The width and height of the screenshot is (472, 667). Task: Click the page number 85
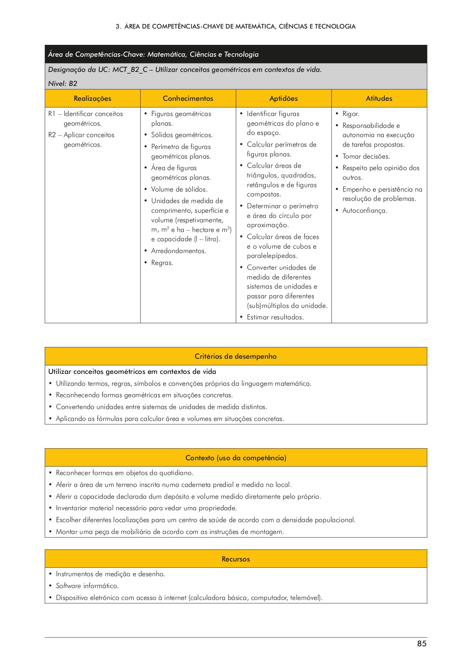[422, 644]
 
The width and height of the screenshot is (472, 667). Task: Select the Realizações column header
[92, 99]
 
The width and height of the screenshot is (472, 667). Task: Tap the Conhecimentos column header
[188, 99]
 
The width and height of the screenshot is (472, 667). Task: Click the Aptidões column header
[283, 99]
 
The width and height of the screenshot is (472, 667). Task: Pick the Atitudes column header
[379, 99]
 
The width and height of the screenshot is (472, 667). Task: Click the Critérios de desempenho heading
[235, 356]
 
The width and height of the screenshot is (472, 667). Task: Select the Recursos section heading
[235, 559]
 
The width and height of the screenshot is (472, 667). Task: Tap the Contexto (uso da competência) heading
[235, 458]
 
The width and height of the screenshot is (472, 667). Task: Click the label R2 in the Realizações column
[52, 135]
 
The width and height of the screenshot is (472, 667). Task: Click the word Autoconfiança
[364, 210]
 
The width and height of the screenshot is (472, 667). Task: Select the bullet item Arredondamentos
[178, 251]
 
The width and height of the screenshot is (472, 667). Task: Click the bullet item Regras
[162, 263]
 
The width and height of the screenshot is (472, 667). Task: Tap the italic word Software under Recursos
[68, 586]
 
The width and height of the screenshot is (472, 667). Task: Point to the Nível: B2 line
[63, 84]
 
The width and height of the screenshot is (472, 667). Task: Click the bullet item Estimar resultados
[275, 317]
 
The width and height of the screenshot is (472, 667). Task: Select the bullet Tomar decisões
[366, 156]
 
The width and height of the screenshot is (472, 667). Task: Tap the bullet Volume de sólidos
[179, 189]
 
